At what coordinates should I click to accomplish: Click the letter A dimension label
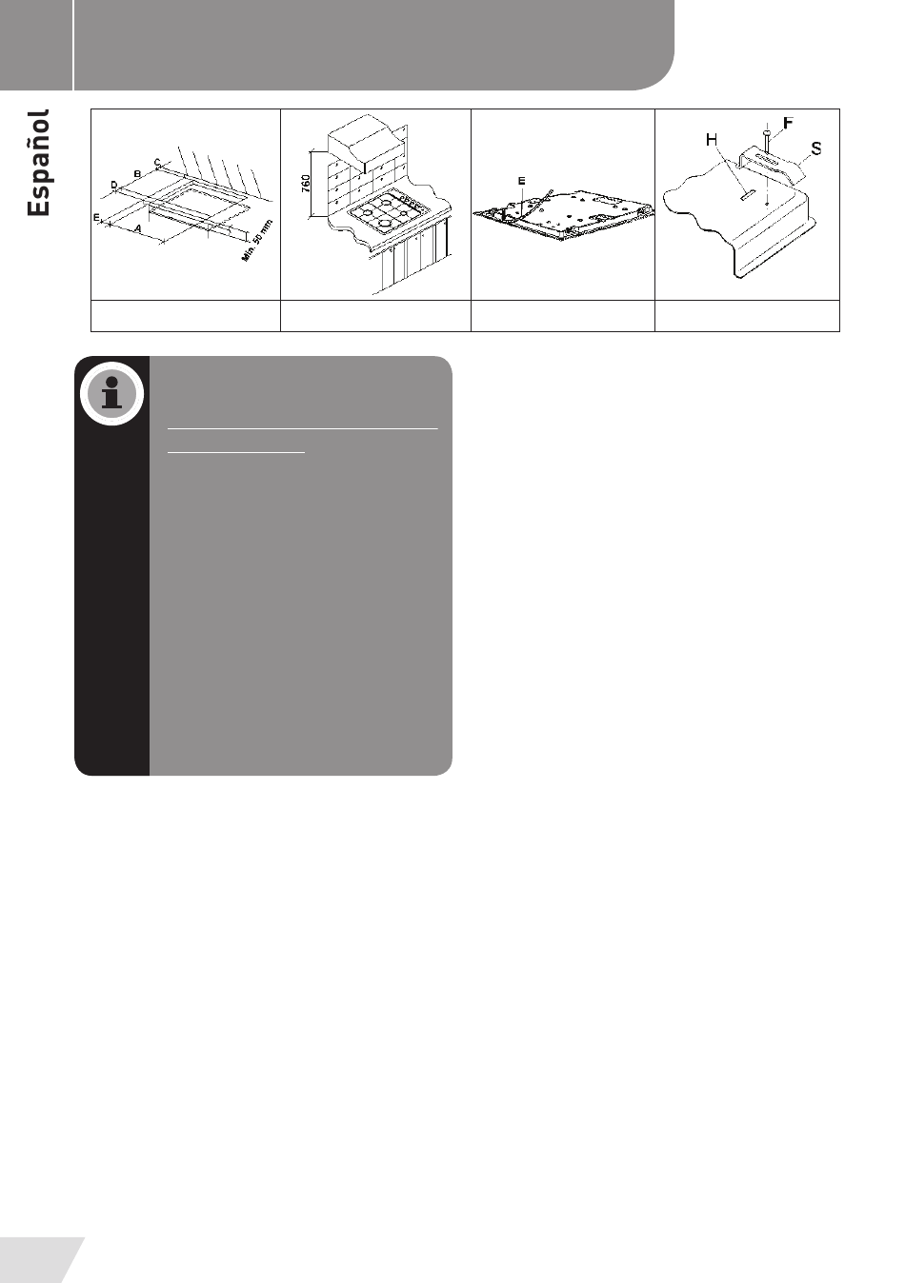point(137,228)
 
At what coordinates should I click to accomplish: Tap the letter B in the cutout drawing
point(137,173)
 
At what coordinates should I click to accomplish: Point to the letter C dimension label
point(157,163)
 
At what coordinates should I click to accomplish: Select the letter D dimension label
point(114,185)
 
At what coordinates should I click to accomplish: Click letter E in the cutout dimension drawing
point(97,218)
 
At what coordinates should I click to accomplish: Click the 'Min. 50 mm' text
point(257,241)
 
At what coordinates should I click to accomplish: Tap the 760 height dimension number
point(306,184)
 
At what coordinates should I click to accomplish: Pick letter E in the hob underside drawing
point(521,181)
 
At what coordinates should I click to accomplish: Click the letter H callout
point(712,139)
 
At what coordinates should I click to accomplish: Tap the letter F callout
point(788,123)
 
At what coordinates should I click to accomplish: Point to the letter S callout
point(816,148)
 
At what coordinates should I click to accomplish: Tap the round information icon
point(111,393)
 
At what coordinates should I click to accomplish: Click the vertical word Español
point(38,163)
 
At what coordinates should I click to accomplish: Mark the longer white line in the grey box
point(303,428)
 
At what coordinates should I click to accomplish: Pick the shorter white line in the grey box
point(236,453)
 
